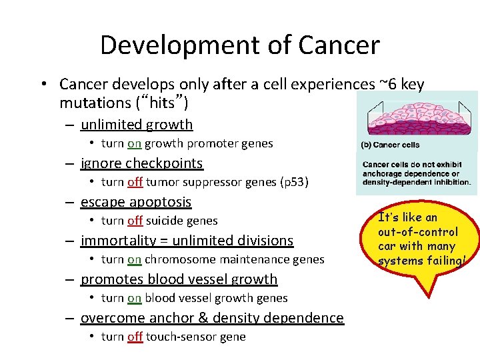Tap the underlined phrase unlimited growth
point(137,125)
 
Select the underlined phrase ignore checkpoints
point(141,163)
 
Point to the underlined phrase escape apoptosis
point(136,202)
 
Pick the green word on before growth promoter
point(135,143)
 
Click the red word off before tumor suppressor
point(135,182)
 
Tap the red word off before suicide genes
point(135,221)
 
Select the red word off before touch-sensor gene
point(135,337)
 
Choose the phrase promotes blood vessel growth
point(179,279)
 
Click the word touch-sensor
point(175,337)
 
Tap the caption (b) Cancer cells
point(390,145)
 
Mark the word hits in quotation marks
point(165,103)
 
